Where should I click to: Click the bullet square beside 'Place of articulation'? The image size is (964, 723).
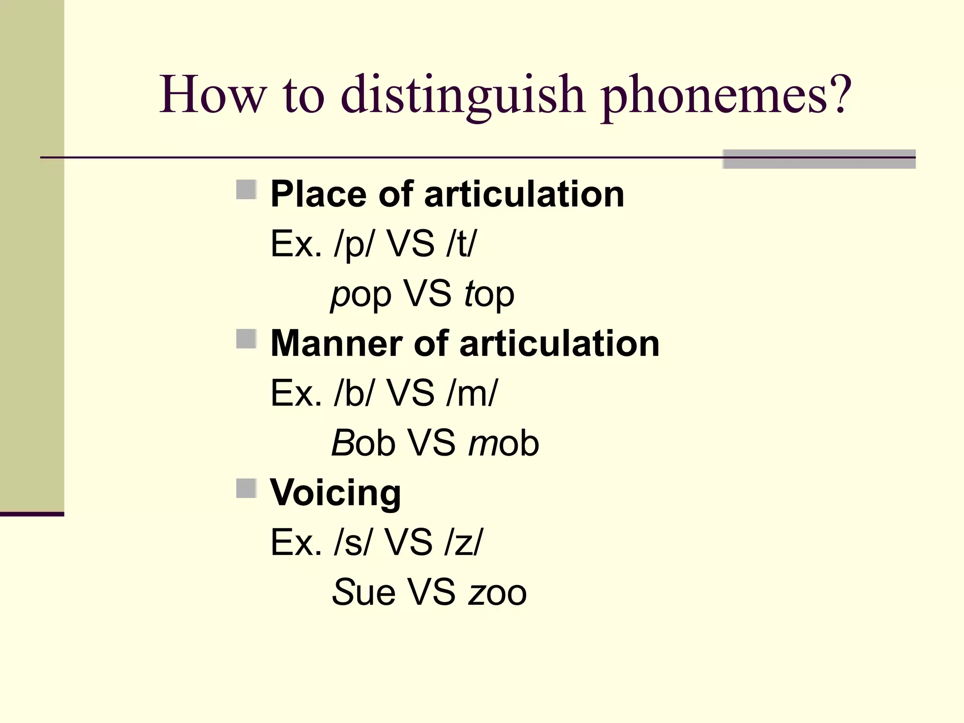click(x=246, y=190)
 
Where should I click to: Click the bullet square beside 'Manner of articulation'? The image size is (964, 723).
click(x=246, y=339)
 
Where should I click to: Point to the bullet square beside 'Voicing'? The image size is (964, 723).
click(x=246, y=488)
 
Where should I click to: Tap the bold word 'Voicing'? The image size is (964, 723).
click(x=335, y=492)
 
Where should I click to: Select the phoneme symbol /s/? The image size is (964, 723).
click(x=351, y=542)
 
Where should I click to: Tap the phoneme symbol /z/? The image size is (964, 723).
click(x=463, y=542)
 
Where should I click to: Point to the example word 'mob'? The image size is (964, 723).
click(x=504, y=443)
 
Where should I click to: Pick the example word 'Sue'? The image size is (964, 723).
click(x=363, y=592)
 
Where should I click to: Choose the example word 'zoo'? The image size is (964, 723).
click(x=497, y=592)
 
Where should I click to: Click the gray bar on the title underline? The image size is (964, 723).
click(x=819, y=159)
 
